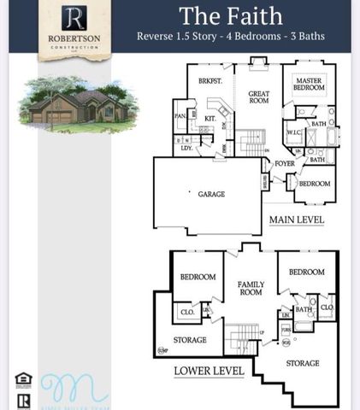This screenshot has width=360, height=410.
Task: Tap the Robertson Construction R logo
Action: pyautogui.click(x=74, y=17)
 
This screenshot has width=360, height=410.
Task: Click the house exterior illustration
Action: pyautogui.click(x=78, y=106)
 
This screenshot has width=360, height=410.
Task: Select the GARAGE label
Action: pyautogui.click(x=211, y=195)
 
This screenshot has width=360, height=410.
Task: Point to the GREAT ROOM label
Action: pyautogui.click(x=259, y=96)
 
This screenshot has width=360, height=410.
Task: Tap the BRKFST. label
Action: pyautogui.click(x=210, y=80)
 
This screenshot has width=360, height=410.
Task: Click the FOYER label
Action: pyautogui.click(x=284, y=163)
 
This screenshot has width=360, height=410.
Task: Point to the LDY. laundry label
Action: pyautogui.click(x=186, y=149)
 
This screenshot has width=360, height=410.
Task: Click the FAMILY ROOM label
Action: pyautogui.click(x=251, y=288)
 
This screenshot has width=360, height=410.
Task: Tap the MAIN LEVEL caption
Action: pyautogui.click(x=297, y=220)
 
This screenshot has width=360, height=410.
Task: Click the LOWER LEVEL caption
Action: pyautogui.click(x=209, y=371)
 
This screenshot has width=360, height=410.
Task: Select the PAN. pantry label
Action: pyautogui.click(x=180, y=115)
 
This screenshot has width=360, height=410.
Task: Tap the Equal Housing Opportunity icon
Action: pyautogui.click(x=23, y=379)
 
